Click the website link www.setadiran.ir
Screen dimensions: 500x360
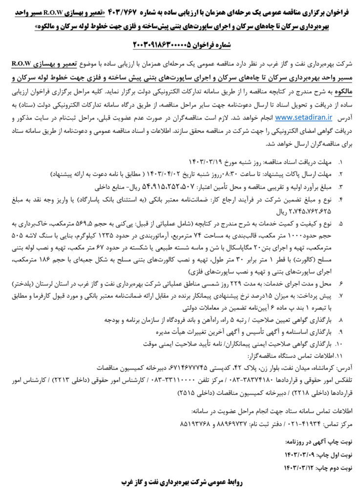point(303,117)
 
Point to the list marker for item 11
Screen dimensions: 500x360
point(339,355)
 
